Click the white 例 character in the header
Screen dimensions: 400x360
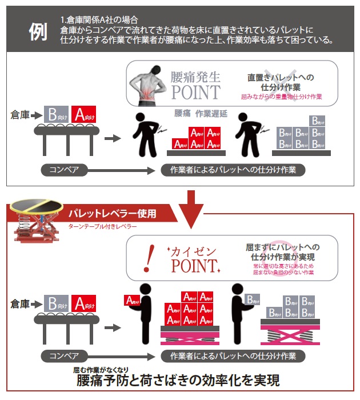point(38,33)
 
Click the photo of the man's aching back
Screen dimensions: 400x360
point(147,85)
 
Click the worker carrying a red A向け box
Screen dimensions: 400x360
point(144,311)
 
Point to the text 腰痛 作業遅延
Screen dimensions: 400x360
point(200,114)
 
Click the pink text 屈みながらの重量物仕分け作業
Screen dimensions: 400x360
point(281,97)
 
